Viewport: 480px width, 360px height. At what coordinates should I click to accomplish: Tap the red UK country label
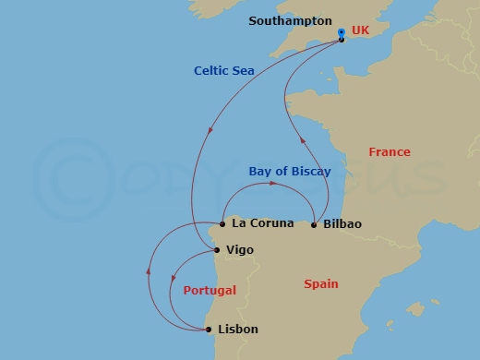coord(360,31)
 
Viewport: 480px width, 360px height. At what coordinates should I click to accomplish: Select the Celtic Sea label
coord(223,70)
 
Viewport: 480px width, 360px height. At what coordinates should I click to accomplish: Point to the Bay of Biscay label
coord(290,171)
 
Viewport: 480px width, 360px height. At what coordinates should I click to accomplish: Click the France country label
coord(389,151)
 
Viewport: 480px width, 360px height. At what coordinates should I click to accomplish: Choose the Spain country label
coord(321,284)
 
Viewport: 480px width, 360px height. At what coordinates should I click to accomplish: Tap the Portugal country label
coord(210,290)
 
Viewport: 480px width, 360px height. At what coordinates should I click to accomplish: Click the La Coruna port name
coord(263,223)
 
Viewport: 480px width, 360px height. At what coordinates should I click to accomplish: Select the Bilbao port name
coord(342,224)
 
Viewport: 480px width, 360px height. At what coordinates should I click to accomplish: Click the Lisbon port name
coord(239,329)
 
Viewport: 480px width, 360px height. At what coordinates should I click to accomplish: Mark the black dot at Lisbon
coord(209,329)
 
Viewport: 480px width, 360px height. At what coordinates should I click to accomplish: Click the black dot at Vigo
coord(216,249)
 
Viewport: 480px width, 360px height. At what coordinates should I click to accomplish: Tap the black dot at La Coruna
coord(222,223)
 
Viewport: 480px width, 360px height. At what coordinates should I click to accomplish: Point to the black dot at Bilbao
coord(314,224)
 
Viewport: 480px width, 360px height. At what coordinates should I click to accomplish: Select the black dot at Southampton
coord(342,40)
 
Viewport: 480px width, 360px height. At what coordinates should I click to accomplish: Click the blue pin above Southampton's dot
coord(342,32)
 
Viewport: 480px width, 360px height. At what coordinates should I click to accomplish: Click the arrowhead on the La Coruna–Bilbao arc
coord(272,185)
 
